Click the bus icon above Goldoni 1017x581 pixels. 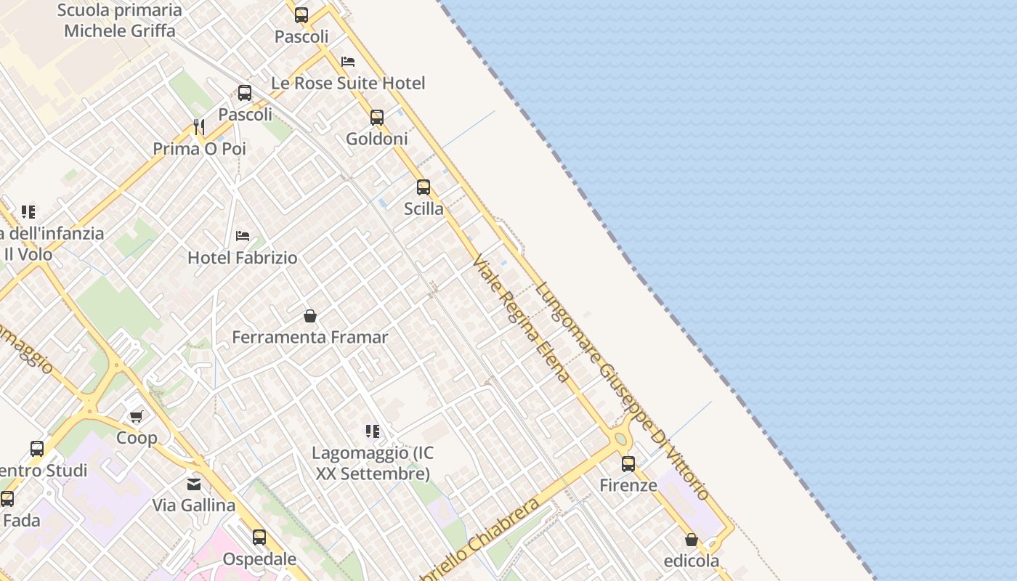376,117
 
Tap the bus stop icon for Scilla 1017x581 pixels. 424,187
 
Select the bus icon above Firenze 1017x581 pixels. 628,463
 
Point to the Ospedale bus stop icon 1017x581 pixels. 259,537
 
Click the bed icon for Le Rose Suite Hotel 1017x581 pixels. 348,62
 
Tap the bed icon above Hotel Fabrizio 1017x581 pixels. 243,236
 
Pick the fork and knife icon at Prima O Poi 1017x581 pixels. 199,127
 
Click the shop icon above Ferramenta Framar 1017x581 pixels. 310,316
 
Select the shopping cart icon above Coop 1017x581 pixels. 137,416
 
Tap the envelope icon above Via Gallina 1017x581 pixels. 194,484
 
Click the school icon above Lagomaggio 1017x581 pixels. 373,431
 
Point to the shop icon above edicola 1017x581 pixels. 692,540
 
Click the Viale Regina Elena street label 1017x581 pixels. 520,318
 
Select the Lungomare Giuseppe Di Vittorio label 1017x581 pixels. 622,391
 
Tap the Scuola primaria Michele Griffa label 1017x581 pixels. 120,20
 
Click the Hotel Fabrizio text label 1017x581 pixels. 243,257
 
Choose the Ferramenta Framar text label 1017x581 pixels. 310,337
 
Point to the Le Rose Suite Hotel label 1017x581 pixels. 348,83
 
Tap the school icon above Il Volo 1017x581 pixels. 28,212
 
